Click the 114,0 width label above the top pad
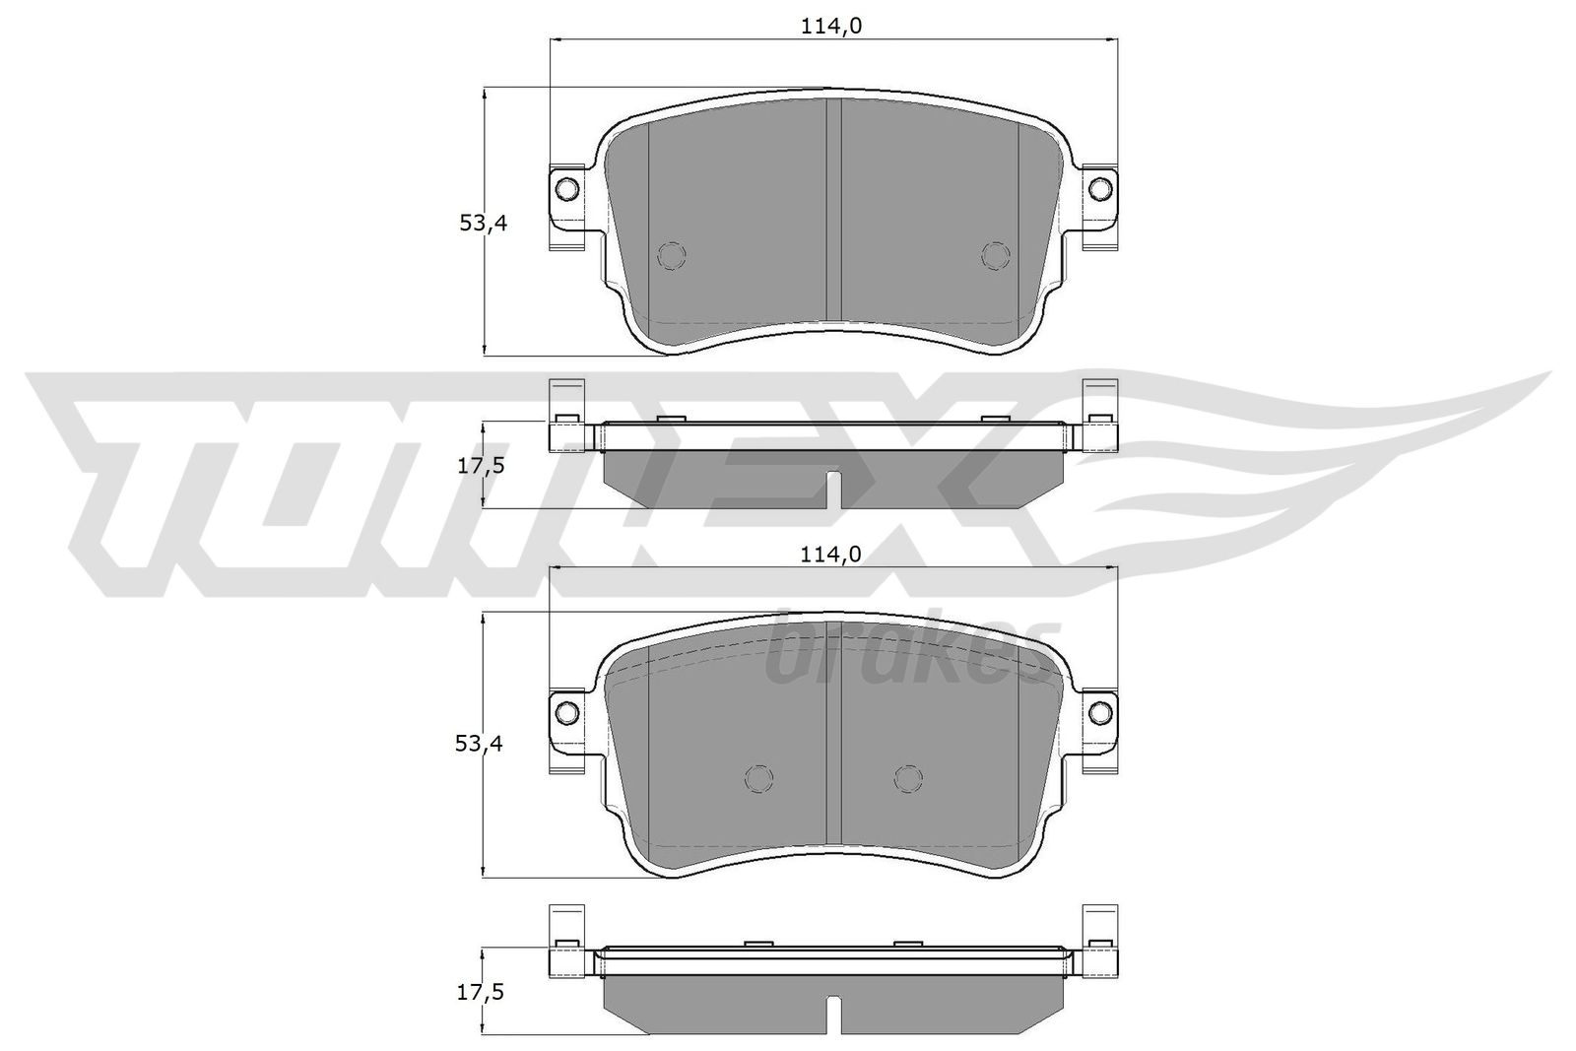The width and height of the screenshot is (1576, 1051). point(831,26)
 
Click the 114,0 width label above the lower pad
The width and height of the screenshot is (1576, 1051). point(831,555)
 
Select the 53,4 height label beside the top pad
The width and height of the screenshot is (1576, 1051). point(483,223)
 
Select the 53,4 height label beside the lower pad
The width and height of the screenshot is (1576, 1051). point(479,743)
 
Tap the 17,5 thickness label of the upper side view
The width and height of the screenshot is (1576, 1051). point(482,466)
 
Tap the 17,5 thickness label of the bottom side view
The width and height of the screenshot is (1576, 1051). point(481,993)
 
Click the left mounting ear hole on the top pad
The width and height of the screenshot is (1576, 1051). point(567,188)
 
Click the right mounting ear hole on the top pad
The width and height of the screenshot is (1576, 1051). point(1100,188)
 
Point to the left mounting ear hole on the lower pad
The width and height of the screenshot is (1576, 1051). point(567,712)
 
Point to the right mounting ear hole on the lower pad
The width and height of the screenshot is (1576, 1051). point(1100,712)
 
